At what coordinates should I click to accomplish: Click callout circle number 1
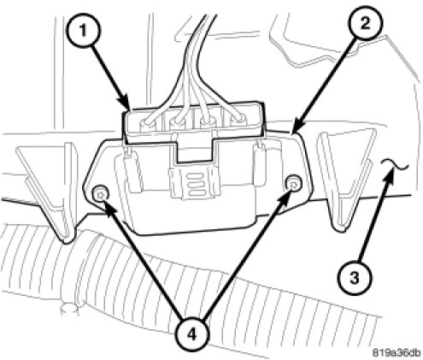click(83, 31)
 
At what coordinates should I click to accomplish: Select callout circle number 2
click(365, 23)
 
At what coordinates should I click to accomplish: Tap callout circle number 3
click(355, 277)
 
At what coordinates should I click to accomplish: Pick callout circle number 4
click(191, 333)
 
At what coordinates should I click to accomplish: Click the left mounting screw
click(101, 195)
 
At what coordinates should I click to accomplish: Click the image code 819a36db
click(397, 352)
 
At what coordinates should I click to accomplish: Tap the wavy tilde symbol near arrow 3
click(396, 165)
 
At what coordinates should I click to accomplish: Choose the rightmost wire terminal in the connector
click(238, 120)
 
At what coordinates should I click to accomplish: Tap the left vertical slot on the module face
click(132, 170)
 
